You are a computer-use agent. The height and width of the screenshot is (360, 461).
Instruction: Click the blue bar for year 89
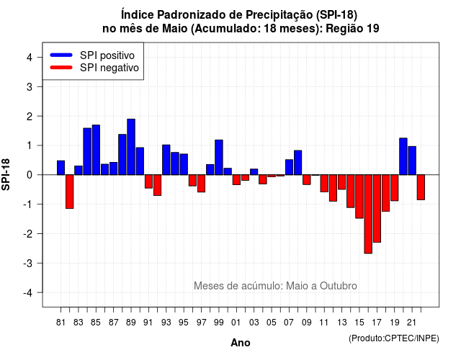click(131, 147)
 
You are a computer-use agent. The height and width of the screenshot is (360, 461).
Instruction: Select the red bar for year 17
click(377, 209)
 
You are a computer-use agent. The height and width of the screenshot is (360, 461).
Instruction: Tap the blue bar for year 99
click(219, 157)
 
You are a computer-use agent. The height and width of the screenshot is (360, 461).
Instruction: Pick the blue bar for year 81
click(61, 168)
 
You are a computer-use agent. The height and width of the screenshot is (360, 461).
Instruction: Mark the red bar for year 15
click(359, 197)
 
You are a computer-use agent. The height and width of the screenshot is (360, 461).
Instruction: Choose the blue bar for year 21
click(412, 161)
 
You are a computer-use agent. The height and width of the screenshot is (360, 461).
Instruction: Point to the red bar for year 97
click(202, 184)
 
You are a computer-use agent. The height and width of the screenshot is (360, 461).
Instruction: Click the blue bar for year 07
click(290, 167)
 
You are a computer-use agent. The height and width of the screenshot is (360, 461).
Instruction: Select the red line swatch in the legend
click(61, 67)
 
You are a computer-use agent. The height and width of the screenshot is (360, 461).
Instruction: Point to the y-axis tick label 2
click(30, 116)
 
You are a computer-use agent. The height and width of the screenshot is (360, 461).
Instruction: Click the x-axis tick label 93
click(166, 323)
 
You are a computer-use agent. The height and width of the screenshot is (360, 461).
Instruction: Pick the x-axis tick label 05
click(272, 323)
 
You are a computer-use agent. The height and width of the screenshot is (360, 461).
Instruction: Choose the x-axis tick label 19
click(395, 323)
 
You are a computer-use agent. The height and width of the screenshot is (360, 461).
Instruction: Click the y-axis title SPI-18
click(6, 174)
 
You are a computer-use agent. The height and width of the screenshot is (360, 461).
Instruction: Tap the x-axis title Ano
click(241, 343)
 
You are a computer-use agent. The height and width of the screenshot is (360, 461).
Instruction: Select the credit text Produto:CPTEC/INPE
click(394, 338)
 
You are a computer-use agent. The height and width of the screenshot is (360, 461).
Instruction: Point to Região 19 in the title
click(352, 29)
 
